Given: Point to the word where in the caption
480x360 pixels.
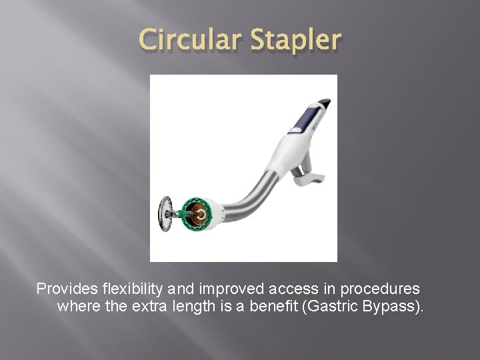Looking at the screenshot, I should point(77,307).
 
